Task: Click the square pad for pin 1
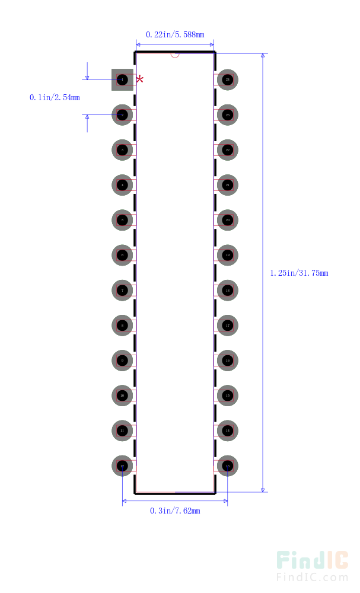[122, 79]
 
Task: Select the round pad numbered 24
[228, 79]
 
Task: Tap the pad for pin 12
[122, 466]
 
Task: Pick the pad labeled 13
[228, 466]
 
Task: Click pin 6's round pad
[122, 255]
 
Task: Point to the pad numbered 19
[228, 255]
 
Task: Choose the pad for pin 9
[122, 361]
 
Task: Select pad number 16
[228, 361]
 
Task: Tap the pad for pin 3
[122, 150]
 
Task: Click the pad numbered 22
[228, 150]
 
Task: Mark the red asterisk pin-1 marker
[140, 79]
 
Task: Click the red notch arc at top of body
[175, 55]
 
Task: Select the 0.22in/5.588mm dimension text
[175, 34]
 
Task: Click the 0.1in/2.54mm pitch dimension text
[55, 97]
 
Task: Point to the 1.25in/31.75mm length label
[299, 273]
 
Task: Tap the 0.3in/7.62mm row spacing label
[175, 511]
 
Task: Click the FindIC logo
[313, 560]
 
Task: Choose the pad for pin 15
[228, 396]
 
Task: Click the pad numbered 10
[122, 396]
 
